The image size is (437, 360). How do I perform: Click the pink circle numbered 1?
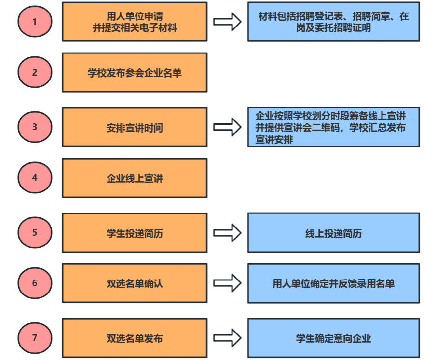(x=34, y=22)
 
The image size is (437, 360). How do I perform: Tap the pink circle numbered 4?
(x=34, y=178)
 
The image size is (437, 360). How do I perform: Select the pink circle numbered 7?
(x=34, y=338)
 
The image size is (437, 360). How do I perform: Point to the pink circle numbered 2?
(x=34, y=73)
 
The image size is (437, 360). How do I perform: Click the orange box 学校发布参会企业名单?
(x=135, y=73)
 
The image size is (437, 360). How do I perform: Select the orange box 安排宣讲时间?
(x=135, y=128)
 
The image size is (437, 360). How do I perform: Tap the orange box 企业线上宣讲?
(x=135, y=178)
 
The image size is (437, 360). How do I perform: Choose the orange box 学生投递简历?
(x=135, y=233)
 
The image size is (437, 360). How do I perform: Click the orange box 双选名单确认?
(x=135, y=283)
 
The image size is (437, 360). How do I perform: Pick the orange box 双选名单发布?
(x=135, y=338)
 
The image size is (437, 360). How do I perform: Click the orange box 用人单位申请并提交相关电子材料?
(x=135, y=22)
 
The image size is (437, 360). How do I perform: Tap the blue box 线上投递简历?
(x=333, y=233)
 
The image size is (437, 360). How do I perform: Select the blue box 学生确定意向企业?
(x=333, y=338)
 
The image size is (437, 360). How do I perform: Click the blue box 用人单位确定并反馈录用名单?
(x=333, y=283)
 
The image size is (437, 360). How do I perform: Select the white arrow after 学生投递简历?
(x=227, y=233)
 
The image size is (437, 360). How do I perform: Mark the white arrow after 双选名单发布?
(x=227, y=338)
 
